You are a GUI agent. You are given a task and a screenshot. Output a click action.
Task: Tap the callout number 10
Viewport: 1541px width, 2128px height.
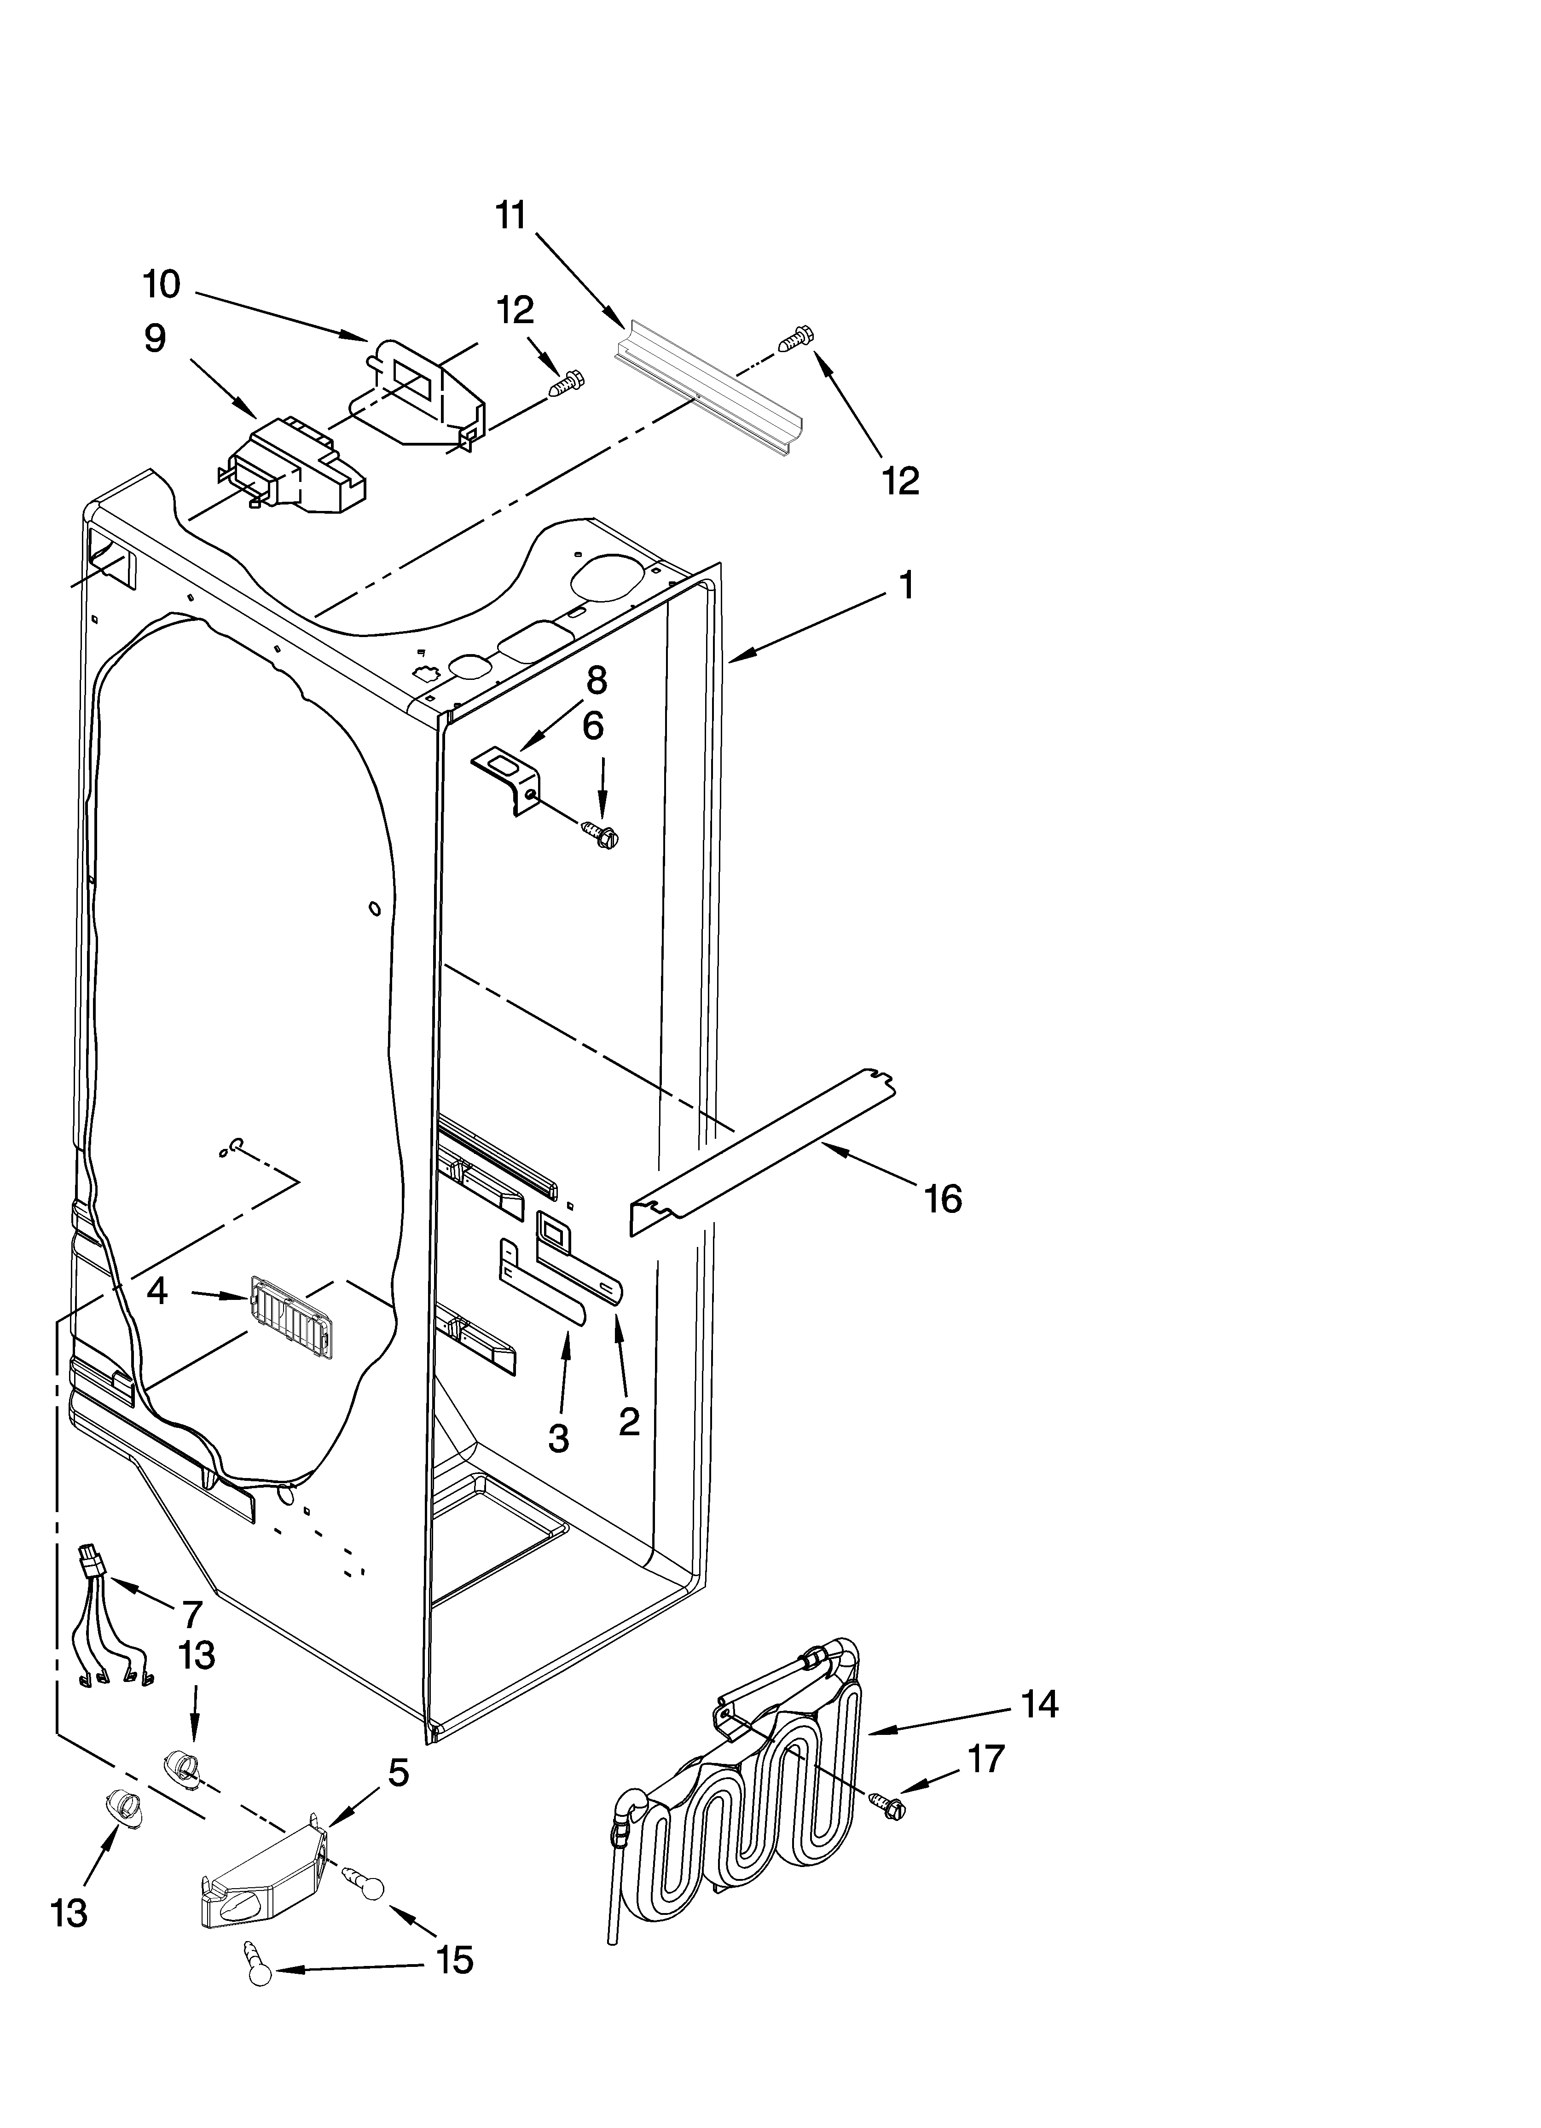tap(162, 284)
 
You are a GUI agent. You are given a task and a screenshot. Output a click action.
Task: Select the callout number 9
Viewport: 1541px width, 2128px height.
tap(155, 339)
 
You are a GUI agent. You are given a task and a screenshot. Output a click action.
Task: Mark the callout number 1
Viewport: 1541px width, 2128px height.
tap(906, 586)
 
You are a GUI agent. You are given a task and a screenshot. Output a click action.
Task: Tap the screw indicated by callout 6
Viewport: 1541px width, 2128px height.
tap(597, 829)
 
